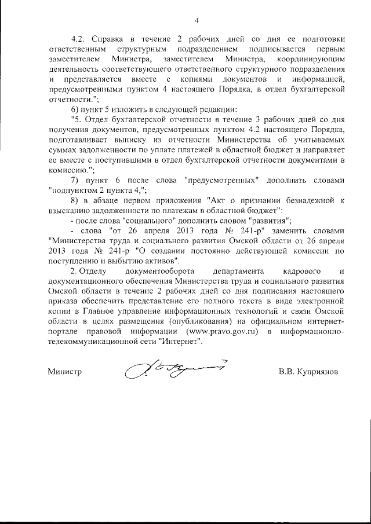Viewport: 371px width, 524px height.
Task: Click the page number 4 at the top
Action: click(197, 21)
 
